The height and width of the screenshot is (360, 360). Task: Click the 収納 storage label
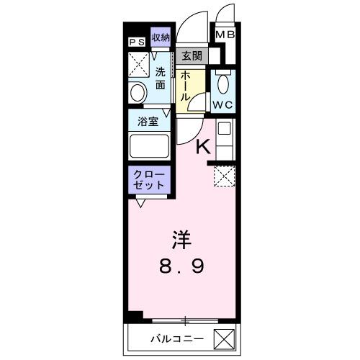(x=160, y=37)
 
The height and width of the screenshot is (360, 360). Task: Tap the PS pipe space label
(x=137, y=42)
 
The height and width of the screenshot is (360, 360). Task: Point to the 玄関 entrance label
(x=191, y=55)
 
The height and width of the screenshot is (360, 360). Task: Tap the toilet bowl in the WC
(x=222, y=84)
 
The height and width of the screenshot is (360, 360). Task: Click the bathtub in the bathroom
(x=149, y=147)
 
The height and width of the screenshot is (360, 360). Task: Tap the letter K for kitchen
(x=204, y=147)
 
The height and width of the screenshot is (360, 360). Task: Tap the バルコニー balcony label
(x=176, y=338)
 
